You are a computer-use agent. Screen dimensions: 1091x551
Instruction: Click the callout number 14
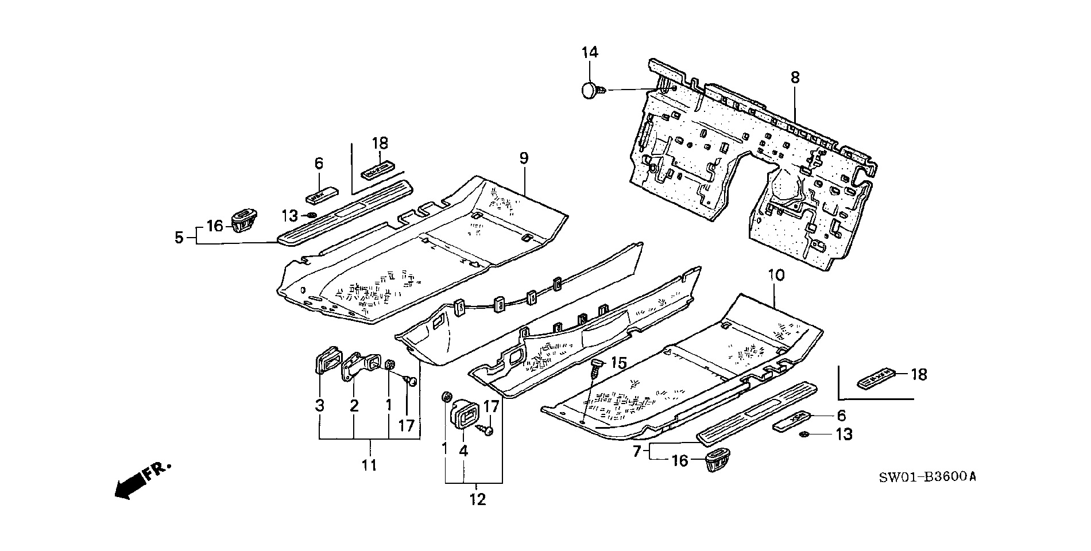(590, 53)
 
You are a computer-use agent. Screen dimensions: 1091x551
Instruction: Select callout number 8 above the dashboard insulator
(795, 77)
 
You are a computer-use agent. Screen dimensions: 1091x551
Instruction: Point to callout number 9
(524, 158)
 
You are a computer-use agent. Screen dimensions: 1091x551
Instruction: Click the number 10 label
(776, 275)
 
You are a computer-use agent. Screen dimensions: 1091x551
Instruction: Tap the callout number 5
(179, 237)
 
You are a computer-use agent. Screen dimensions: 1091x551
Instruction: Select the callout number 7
(636, 452)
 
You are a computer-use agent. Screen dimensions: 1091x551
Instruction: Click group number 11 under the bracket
(369, 464)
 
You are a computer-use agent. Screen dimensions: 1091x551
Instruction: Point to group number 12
(477, 499)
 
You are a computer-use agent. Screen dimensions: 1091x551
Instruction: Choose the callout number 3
(319, 406)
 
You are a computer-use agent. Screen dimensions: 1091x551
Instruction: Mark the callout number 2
(354, 406)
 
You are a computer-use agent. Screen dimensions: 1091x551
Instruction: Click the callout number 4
(463, 451)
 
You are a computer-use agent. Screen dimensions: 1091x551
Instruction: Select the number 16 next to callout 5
(215, 226)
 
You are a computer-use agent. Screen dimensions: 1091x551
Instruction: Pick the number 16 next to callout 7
(679, 461)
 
